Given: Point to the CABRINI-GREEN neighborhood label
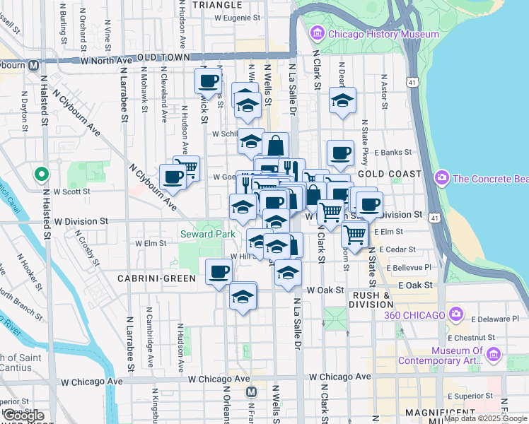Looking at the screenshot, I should coord(156,278).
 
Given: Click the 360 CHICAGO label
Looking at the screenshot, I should coord(415,314).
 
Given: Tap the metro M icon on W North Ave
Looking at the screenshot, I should coord(33,65).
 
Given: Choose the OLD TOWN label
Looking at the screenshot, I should coord(164,57).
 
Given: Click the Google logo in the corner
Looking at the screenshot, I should coord(23,416).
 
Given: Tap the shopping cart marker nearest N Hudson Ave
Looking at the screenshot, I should coord(187,167).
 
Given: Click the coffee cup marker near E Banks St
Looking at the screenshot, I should coord(340,152).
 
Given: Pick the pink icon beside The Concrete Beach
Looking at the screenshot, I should coord(443,177).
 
